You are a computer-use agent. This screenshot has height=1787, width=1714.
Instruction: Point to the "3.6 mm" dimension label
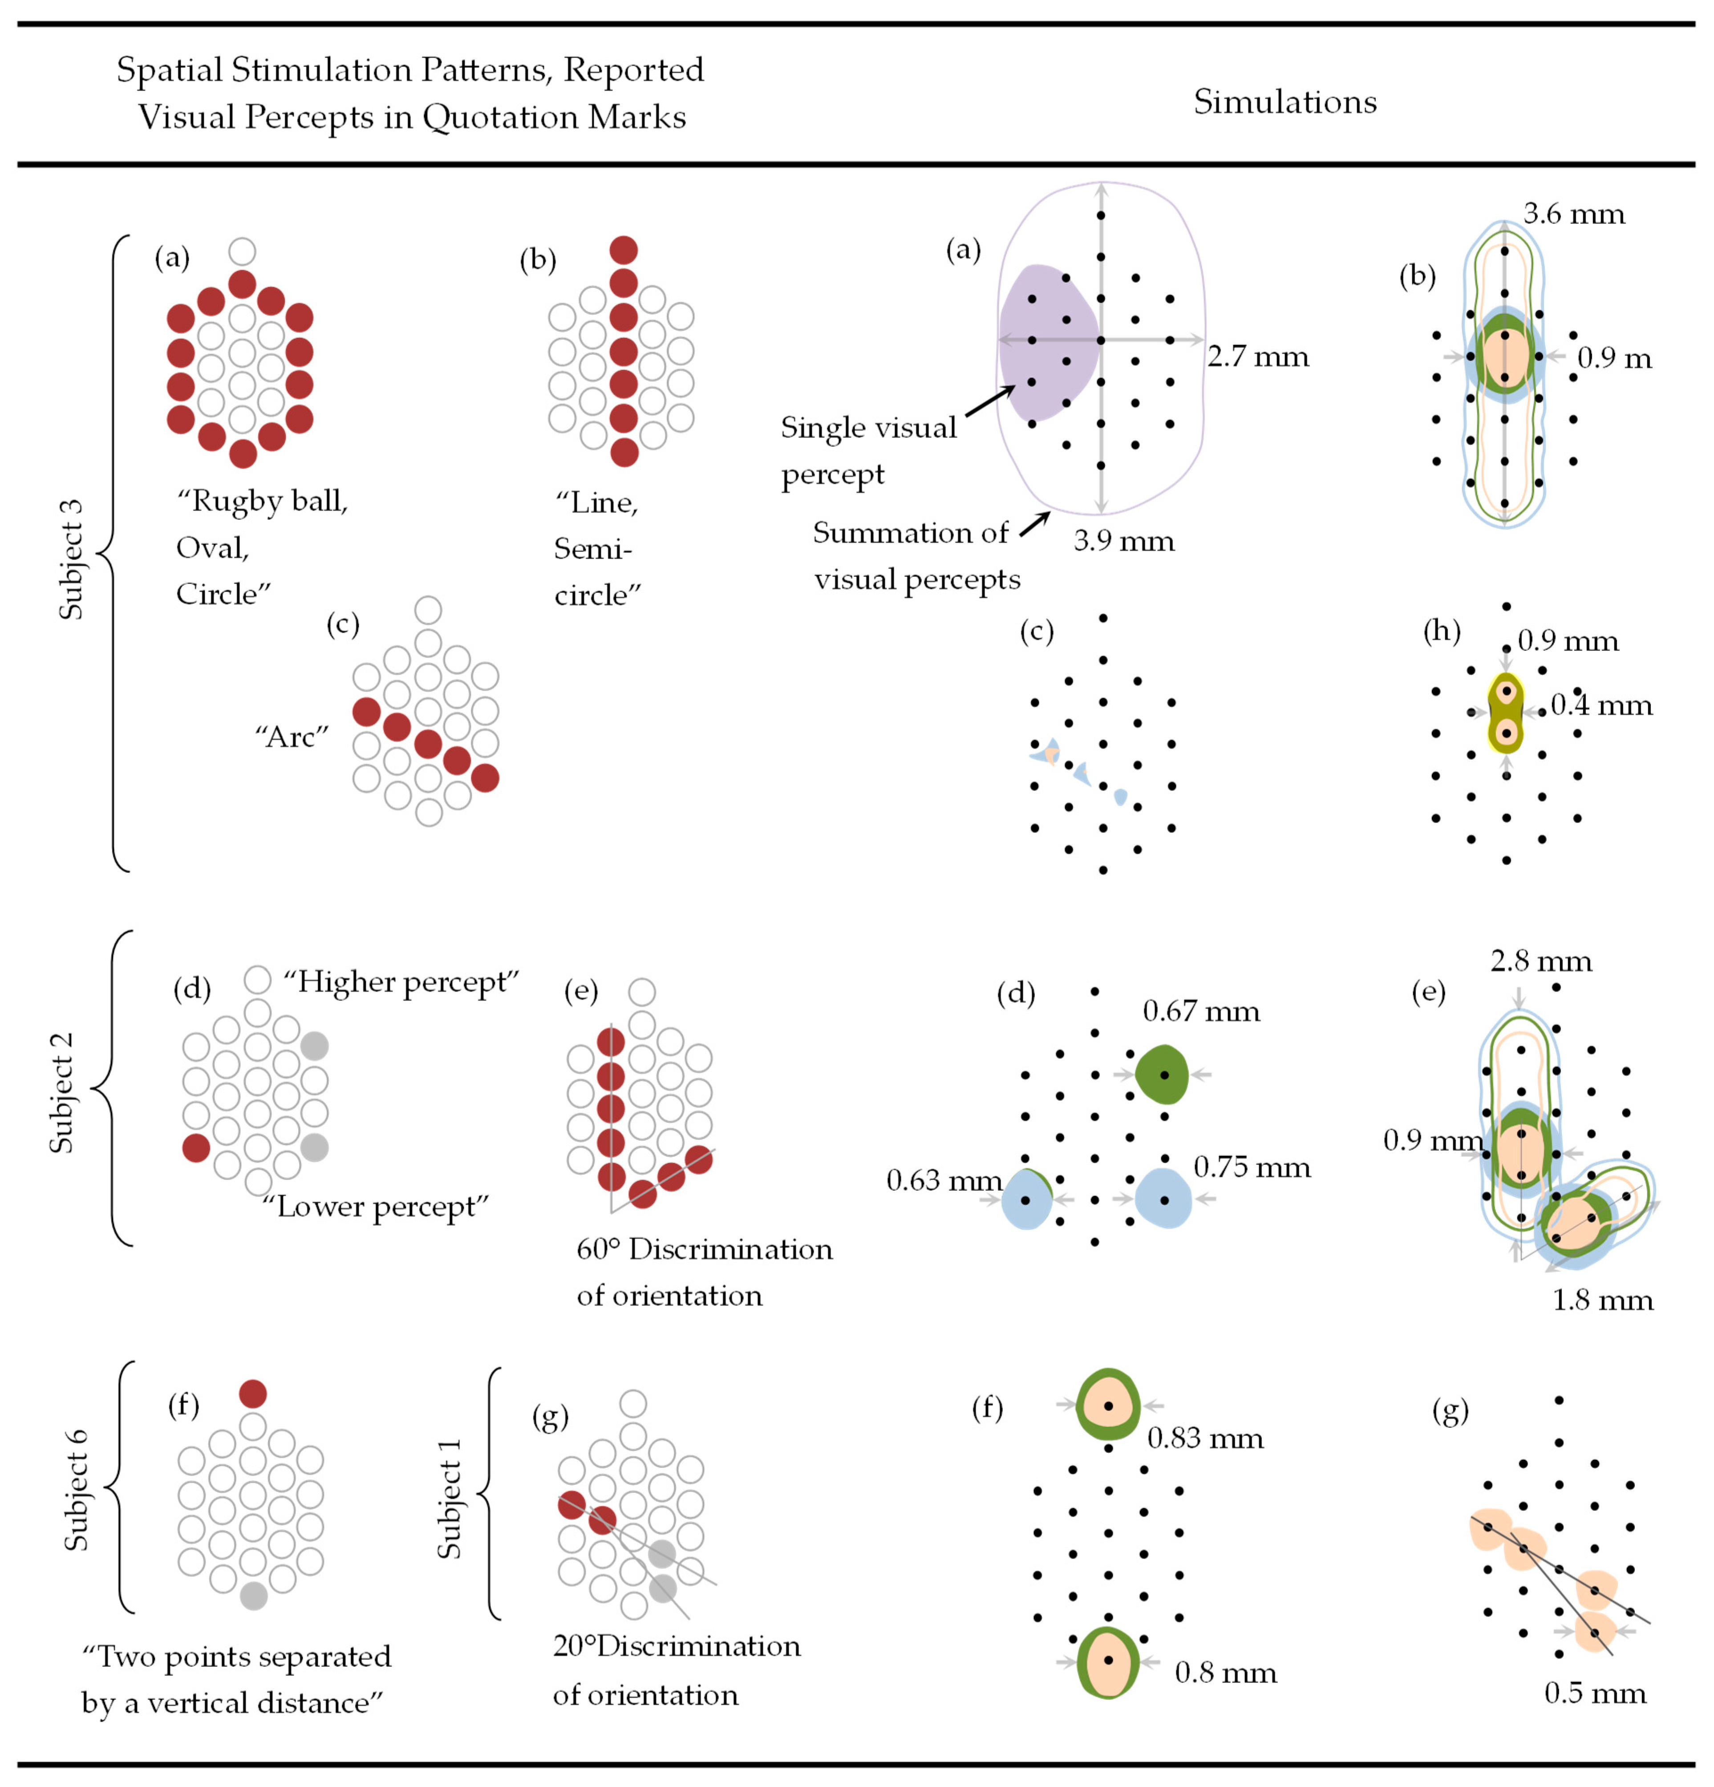pos(1574,214)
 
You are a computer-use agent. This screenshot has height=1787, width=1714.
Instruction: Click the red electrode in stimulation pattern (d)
pos(196,1148)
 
